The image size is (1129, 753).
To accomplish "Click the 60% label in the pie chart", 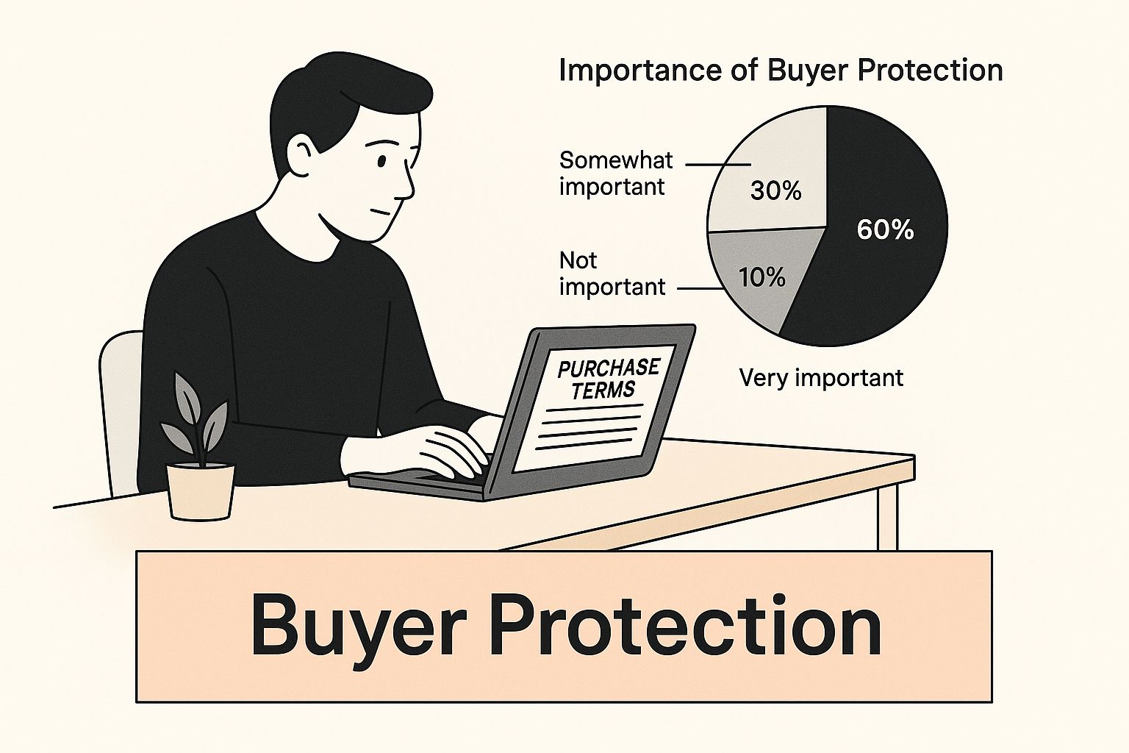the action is coord(885,230).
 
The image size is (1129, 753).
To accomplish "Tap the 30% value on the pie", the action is coord(775,191).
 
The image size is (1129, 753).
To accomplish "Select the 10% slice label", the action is coord(761,277).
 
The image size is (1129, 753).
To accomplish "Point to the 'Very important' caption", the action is coord(821,378).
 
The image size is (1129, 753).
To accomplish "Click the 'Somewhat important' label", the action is coord(616,174).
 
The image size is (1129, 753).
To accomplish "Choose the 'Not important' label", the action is coord(612,274).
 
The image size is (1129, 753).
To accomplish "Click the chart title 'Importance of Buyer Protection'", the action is coord(781,70).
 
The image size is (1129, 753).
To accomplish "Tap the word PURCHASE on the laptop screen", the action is coord(609,368).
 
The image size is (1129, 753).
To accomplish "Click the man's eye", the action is coord(381,161).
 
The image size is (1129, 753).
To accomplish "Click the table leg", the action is coord(888,516).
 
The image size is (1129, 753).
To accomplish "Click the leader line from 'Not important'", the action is coord(699,289).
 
